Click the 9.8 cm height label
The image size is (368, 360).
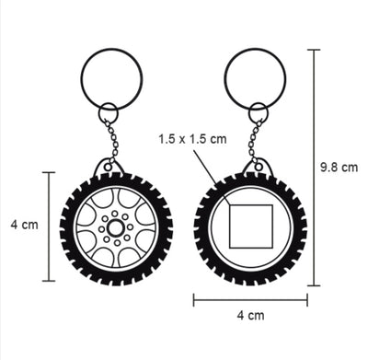tap(339, 168)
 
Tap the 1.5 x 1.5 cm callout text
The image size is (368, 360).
tap(192, 139)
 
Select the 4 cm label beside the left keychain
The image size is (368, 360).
tap(25, 225)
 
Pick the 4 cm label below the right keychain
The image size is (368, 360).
tap(250, 315)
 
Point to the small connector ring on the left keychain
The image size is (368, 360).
tap(99, 112)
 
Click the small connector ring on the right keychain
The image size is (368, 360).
tap(249, 112)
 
